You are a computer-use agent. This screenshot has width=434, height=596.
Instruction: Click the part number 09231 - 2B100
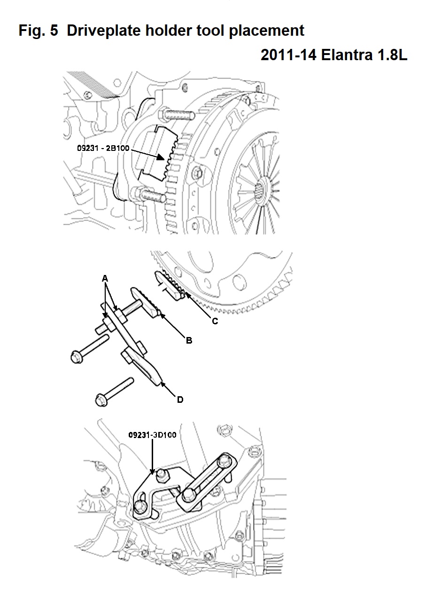click(103, 148)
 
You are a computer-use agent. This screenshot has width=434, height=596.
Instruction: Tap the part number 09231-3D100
click(152, 435)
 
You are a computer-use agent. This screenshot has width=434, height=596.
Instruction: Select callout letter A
click(105, 279)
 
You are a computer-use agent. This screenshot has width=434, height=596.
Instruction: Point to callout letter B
click(189, 340)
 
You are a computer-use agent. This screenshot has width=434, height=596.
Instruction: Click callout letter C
click(215, 321)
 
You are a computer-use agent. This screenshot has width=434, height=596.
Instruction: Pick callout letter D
click(180, 400)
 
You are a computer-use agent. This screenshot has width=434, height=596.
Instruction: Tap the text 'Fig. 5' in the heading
click(38, 31)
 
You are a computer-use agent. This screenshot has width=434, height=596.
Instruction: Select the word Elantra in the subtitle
click(347, 55)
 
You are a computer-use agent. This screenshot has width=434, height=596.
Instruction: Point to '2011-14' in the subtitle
click(288, 55)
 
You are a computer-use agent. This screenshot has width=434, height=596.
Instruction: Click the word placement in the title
click(266, 31)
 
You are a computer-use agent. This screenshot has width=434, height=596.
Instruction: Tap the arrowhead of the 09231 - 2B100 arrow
click(161, 157)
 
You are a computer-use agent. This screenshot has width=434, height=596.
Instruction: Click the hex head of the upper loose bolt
click(77, 357)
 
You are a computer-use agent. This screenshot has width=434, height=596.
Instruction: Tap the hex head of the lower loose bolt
click(101, 400)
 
